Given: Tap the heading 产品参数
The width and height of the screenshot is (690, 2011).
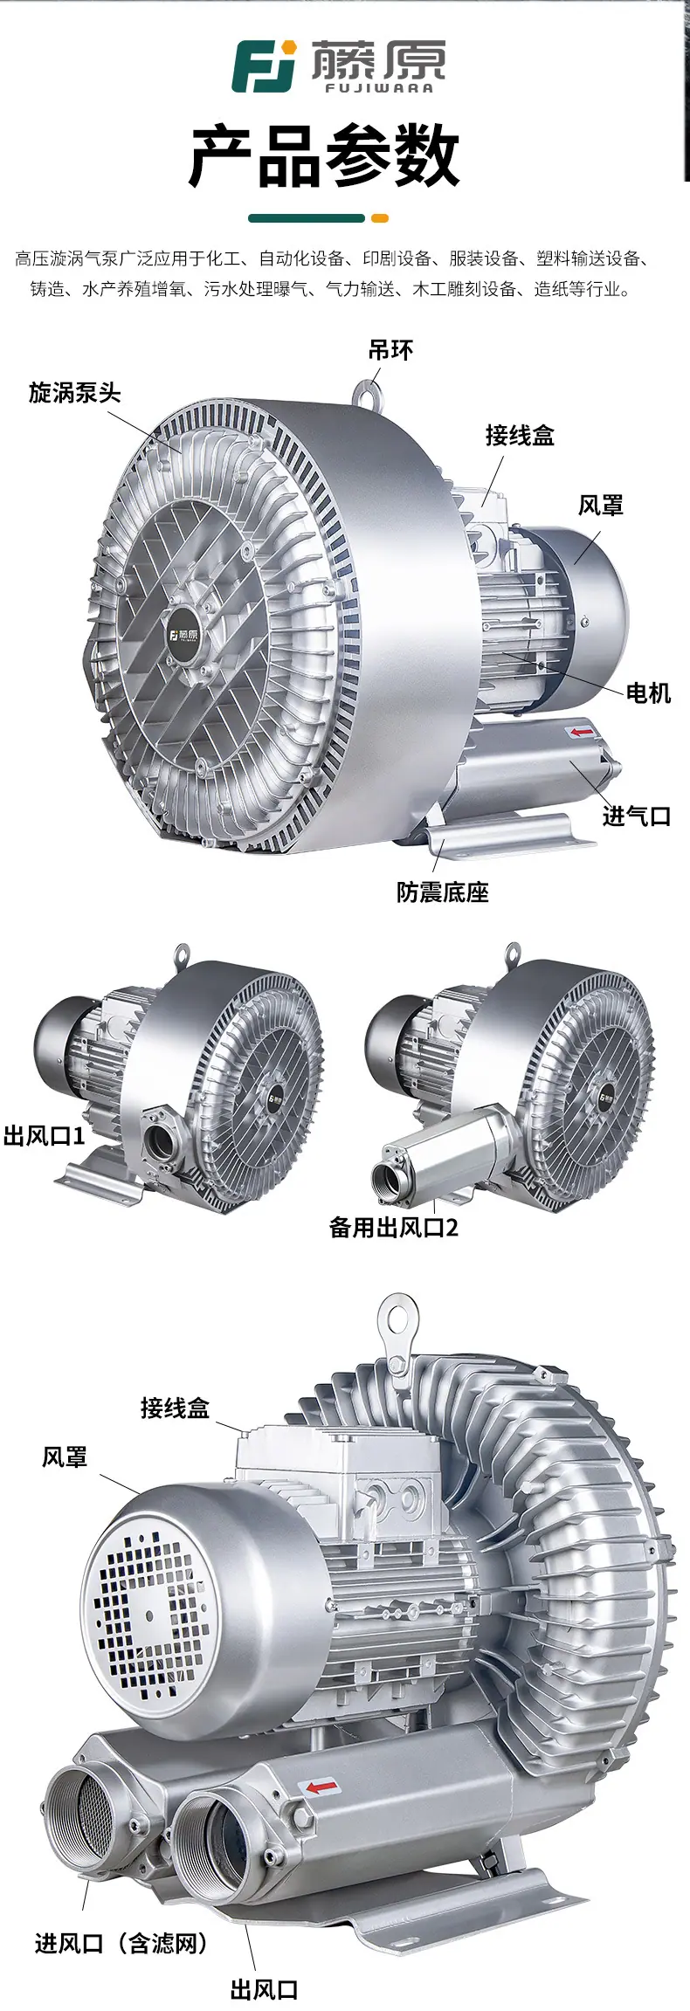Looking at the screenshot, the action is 325,156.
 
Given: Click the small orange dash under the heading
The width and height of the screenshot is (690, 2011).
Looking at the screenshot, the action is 379,218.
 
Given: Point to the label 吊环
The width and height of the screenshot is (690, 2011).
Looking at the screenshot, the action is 390,350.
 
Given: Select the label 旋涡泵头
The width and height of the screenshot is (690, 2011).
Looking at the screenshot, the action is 74,392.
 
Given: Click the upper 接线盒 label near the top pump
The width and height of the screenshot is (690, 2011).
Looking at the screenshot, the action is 520,435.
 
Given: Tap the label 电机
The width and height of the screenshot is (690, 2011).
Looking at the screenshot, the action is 648,692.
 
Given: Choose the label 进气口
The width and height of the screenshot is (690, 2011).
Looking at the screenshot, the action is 637,816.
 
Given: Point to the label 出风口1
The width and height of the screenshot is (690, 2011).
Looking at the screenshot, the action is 44,1136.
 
